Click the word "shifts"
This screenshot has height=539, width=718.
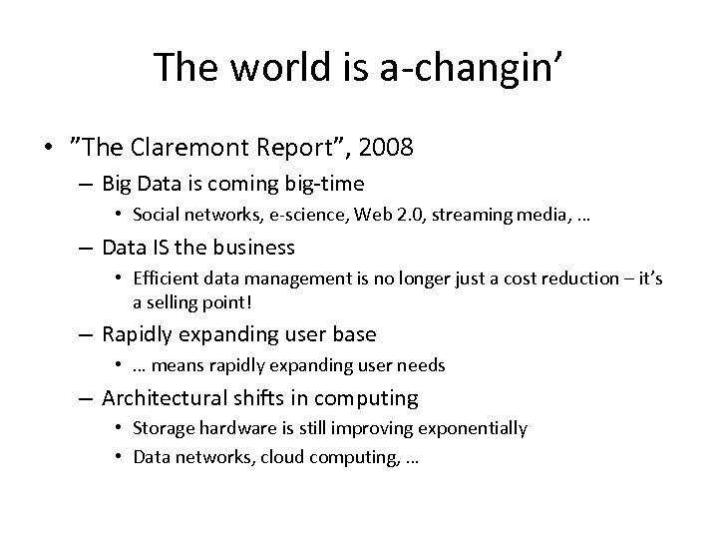click(x=279, y=398)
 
